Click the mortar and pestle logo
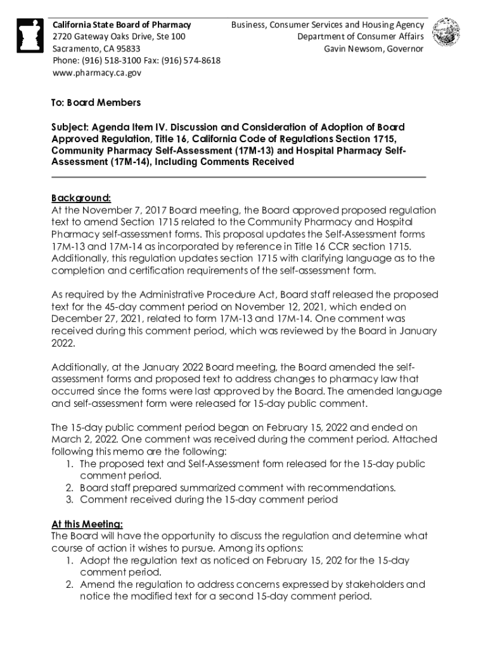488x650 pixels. pyautogui.click(x=29, y=36)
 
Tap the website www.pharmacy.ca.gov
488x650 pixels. pyautogui.click(x=96, y=73)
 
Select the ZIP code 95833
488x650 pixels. pyautogui.click(x=125, y=49)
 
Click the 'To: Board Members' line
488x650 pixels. pyautogui.click(x=96, y=103)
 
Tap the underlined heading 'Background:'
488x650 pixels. pyautogui.click(x=81, y=198)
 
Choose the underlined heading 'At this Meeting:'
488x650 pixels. pyautogui.click(x=87, y=524)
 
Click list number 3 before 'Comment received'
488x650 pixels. pyautogui.click(x=69, y=500)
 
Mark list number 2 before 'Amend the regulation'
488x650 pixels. pyautogui.click(x=69, y=585)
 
